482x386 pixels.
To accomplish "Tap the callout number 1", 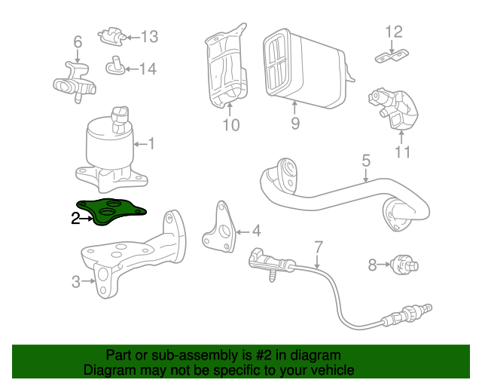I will (151, 142).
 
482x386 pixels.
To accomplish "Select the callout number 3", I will (75, 282).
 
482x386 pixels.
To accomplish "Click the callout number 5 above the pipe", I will (366, 161).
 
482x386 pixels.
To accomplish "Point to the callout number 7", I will (318, 247).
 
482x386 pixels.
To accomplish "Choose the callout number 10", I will (231, 124).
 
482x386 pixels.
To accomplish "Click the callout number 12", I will (394, 32).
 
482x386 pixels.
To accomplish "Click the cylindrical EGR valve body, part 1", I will (109, 147).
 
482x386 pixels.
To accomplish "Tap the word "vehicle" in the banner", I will (331, 370).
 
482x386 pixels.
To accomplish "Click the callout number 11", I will (402, 153).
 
